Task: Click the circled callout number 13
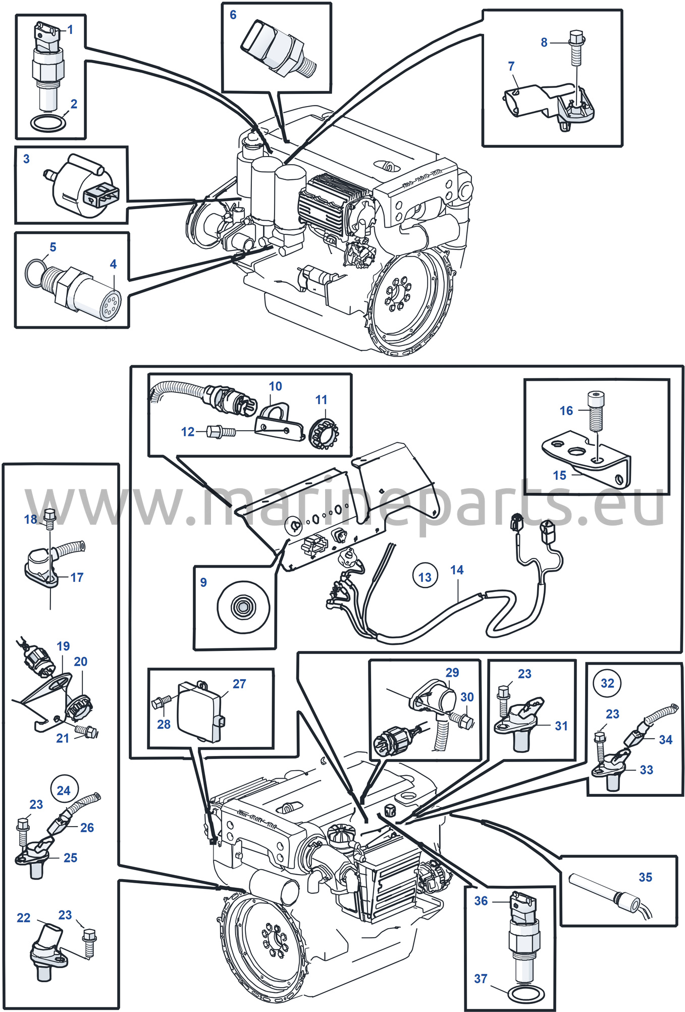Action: pyautogui.click(x=425, y=577)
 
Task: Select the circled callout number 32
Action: pyautogui.click(x=607, y=683)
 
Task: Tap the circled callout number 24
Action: pyautogui.click(x=64, y=790)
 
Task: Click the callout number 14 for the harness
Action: pyautogui.click(x=457, y=570)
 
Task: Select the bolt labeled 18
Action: pyautogui.click(x=49, y=519)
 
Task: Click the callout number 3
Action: pyautogui.click(x=27, y=159)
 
